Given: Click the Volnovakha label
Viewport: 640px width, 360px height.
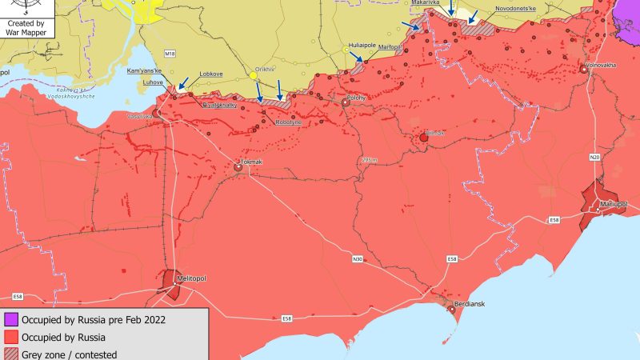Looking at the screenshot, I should click(601, 64).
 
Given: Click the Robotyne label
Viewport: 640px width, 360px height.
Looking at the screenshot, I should click(289, 122).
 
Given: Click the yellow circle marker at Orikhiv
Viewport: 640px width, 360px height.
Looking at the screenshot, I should click(254, 76).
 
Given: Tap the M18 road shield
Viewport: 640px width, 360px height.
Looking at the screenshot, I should click(169, 53).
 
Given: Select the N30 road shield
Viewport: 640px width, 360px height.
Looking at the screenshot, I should click(358, 258).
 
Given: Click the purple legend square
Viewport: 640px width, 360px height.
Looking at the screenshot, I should click(10, 320).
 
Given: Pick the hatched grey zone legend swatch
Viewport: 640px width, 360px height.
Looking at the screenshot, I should click(10, 353).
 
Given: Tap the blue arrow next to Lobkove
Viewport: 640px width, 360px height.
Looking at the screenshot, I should click(183, 82).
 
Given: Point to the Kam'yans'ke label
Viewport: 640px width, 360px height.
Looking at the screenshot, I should click(144, 71).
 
